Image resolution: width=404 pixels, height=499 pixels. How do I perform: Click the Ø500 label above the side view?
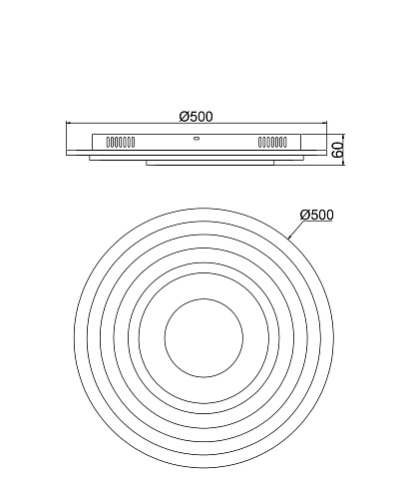tap(196, 117)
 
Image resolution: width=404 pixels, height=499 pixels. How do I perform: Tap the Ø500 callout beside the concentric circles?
tap(316, 215)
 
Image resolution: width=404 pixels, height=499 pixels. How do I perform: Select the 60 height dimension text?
tap(337, 150)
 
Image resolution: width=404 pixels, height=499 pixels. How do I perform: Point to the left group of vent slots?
tap(121, 143)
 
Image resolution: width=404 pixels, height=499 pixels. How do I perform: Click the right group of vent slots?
tap(272, 143)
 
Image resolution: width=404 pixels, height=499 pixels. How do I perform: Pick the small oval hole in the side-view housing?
tap(197, 137)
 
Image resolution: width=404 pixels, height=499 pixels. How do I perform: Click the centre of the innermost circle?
tap(203, 338)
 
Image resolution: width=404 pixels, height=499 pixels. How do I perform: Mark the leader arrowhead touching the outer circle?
tap(289, 237)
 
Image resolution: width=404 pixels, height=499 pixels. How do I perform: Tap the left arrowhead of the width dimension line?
tap(69, 124)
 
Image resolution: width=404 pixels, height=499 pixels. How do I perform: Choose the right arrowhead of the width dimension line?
tap(325, 124)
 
